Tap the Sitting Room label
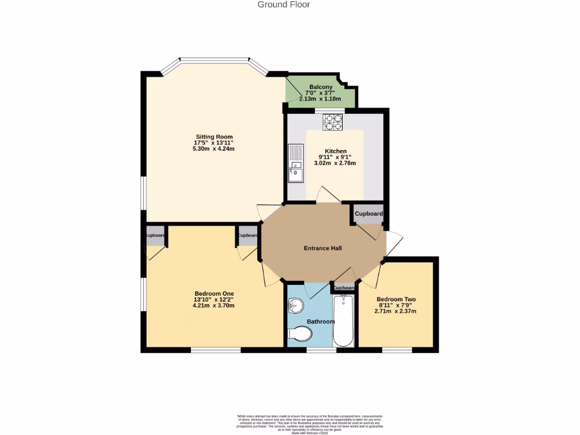coord(214,137)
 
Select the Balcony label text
coord(321,87)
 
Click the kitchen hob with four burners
coord(333,122)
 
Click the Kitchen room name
coord(335,151)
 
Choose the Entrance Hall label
coord(323,248)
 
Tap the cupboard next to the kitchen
coord(369,214)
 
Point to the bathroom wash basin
coord(295,306)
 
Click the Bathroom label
coord(321,321)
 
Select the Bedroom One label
coord(214,293)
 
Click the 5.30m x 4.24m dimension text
coord(214,149)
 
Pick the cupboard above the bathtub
coord(344,288)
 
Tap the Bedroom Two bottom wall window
coord(396,349)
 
